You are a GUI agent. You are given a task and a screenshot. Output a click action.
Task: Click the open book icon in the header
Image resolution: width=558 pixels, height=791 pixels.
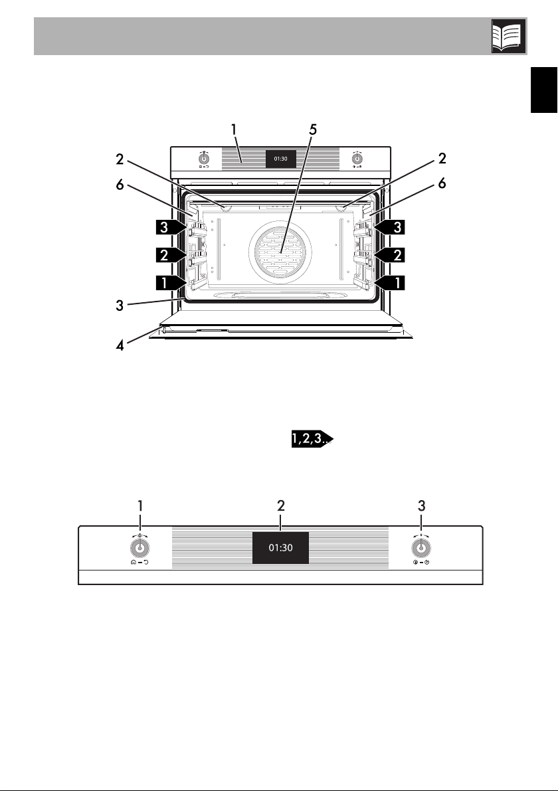click(509, 37)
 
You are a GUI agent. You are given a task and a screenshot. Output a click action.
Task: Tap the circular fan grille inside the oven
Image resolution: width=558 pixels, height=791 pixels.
click(280, 251)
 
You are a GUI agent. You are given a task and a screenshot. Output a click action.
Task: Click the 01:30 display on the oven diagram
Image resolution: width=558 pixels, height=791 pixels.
click(280, 159)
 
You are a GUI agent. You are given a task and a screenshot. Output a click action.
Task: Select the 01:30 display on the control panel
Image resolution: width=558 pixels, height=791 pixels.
click(280, 548)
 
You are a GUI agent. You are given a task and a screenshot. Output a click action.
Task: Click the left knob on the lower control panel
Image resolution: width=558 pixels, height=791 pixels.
click(139, 547)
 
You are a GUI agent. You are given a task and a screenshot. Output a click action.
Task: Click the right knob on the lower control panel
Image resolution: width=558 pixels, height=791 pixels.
click(420, 547)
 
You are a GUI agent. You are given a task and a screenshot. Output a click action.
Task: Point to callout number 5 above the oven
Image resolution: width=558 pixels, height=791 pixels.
click(313, 130)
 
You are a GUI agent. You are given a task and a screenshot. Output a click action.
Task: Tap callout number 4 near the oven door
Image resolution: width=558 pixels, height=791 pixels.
click(120, 347)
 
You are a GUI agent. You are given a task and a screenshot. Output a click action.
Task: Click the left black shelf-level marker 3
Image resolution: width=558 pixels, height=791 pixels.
click(169, 228)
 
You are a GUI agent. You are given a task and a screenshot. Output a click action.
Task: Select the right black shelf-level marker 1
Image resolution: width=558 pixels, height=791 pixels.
click(391, 283)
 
